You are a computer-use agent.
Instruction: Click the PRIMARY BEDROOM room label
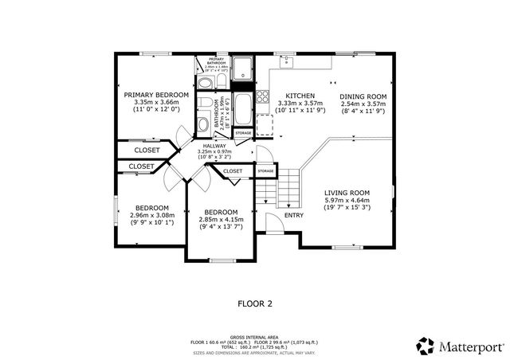pyautogui.click(x=156, y=95)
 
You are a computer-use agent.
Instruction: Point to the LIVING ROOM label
pyautogui.click(x=347, y=192)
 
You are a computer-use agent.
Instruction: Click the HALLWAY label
pyautogui.click(x=214, y=146)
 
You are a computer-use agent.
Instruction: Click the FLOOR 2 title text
pyautogui.click(x=255, y=303)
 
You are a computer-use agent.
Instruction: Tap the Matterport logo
pyautogui.click(x=461, y=346)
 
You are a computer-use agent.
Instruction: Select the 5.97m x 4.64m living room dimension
pyautogui.click(x=347, y=200)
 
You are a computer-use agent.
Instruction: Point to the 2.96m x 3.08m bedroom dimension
pyautogui.click(x=151, y=214)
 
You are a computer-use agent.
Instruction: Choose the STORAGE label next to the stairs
pyautogui.click(x=265, y=170)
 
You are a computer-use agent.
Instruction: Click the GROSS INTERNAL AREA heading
pyautogui.click(x=254, y=337)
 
